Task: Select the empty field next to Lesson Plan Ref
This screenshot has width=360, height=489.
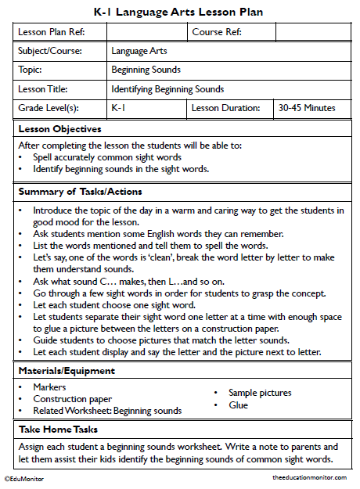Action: tap(146, 32)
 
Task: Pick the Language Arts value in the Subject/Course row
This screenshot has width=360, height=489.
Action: tap(139, 51)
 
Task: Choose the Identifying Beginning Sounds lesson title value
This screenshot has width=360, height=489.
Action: tap(167, 89)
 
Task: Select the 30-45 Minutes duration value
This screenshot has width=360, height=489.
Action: tap(307, 108)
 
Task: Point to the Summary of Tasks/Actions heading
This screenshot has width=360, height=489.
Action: tap(79, 191)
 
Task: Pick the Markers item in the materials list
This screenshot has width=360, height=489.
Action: tap(49, 387)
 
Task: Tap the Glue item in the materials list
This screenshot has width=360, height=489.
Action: tap(238, 405)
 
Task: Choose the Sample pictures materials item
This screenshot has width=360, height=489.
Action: tap(260, 393)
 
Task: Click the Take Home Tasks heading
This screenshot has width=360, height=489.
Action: tap(62, 430)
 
